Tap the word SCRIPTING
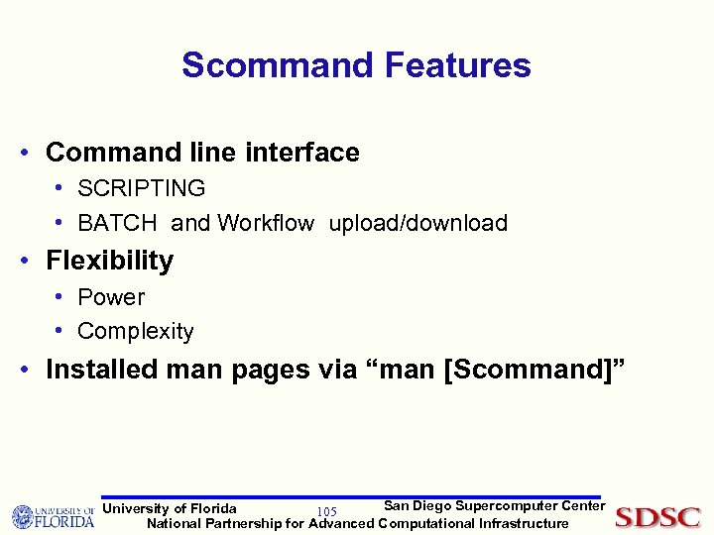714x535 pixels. tap(141, 188)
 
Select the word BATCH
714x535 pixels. tap(117, 223)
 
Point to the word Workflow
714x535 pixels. tap(266, 223)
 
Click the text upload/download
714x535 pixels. tap(417, 223)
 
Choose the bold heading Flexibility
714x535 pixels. tap(109, 261)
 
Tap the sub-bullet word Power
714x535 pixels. tap(111, 297)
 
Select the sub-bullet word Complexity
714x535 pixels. tap(135, 331)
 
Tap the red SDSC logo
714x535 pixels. tap(657, 517)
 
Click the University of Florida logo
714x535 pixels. tap(53, 516)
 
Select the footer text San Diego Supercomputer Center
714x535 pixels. tap(494, 506)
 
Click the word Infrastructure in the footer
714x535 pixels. tap(524, 523)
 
